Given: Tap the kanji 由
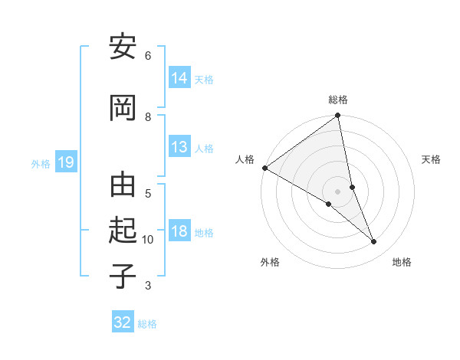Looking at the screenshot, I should pyautogui.click(x=123, y=187).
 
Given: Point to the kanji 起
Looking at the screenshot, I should pyautogui.click(x=123, y=231).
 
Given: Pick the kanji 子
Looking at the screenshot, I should pyautogui.click(x=123, y=276).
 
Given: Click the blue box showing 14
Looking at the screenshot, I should pyautogui.click(x=179, y=77).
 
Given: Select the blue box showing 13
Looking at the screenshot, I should pyautogui.click(x=179, y=147).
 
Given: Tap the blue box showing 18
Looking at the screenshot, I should pyautogui.click(x=179, y=231).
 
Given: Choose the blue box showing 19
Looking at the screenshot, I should pyautogui.click(x=66, y=162).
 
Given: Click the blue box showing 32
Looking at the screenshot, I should pyautogui.click(x=123, y=322).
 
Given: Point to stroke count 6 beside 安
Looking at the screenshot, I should pyautogui.click(x=148, y=55).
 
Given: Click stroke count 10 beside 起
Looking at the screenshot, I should pyautogui.click(x=148, y=240).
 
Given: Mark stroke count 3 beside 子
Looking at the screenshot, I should pyautogui.click(x=148, y=286).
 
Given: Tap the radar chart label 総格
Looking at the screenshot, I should pyautogui.click(x=338, y=100).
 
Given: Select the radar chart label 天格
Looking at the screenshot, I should pyautogui.click(x=432, y=159).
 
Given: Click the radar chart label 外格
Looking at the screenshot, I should pyautogui.click(x=270, y=263).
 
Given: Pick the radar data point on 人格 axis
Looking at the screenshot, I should pyautogui.click(x=264, y=168).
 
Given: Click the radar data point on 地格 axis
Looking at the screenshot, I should pyautogui.click(x=374, y=241).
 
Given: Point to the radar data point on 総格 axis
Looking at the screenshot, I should pyautogui.click(x=338, y=116).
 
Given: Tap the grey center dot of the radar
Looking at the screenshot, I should pyautogui.click(x=338, y=191).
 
